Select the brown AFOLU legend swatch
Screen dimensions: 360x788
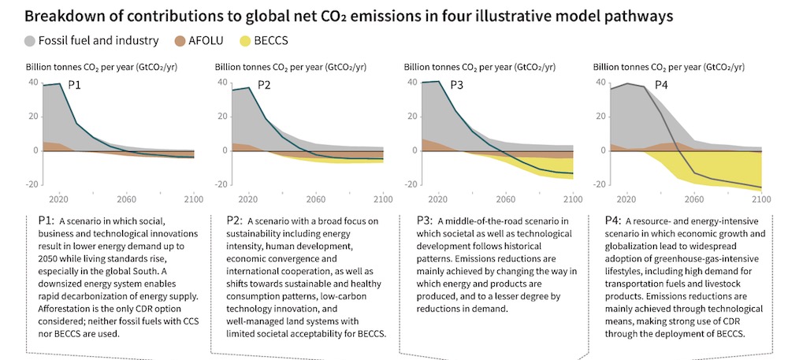(x=180, y=40)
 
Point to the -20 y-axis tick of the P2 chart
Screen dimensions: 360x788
(x=223, y=184)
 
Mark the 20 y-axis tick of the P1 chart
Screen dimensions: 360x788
(x=33, y=116)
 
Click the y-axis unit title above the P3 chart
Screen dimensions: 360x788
(x=479, y=67)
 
